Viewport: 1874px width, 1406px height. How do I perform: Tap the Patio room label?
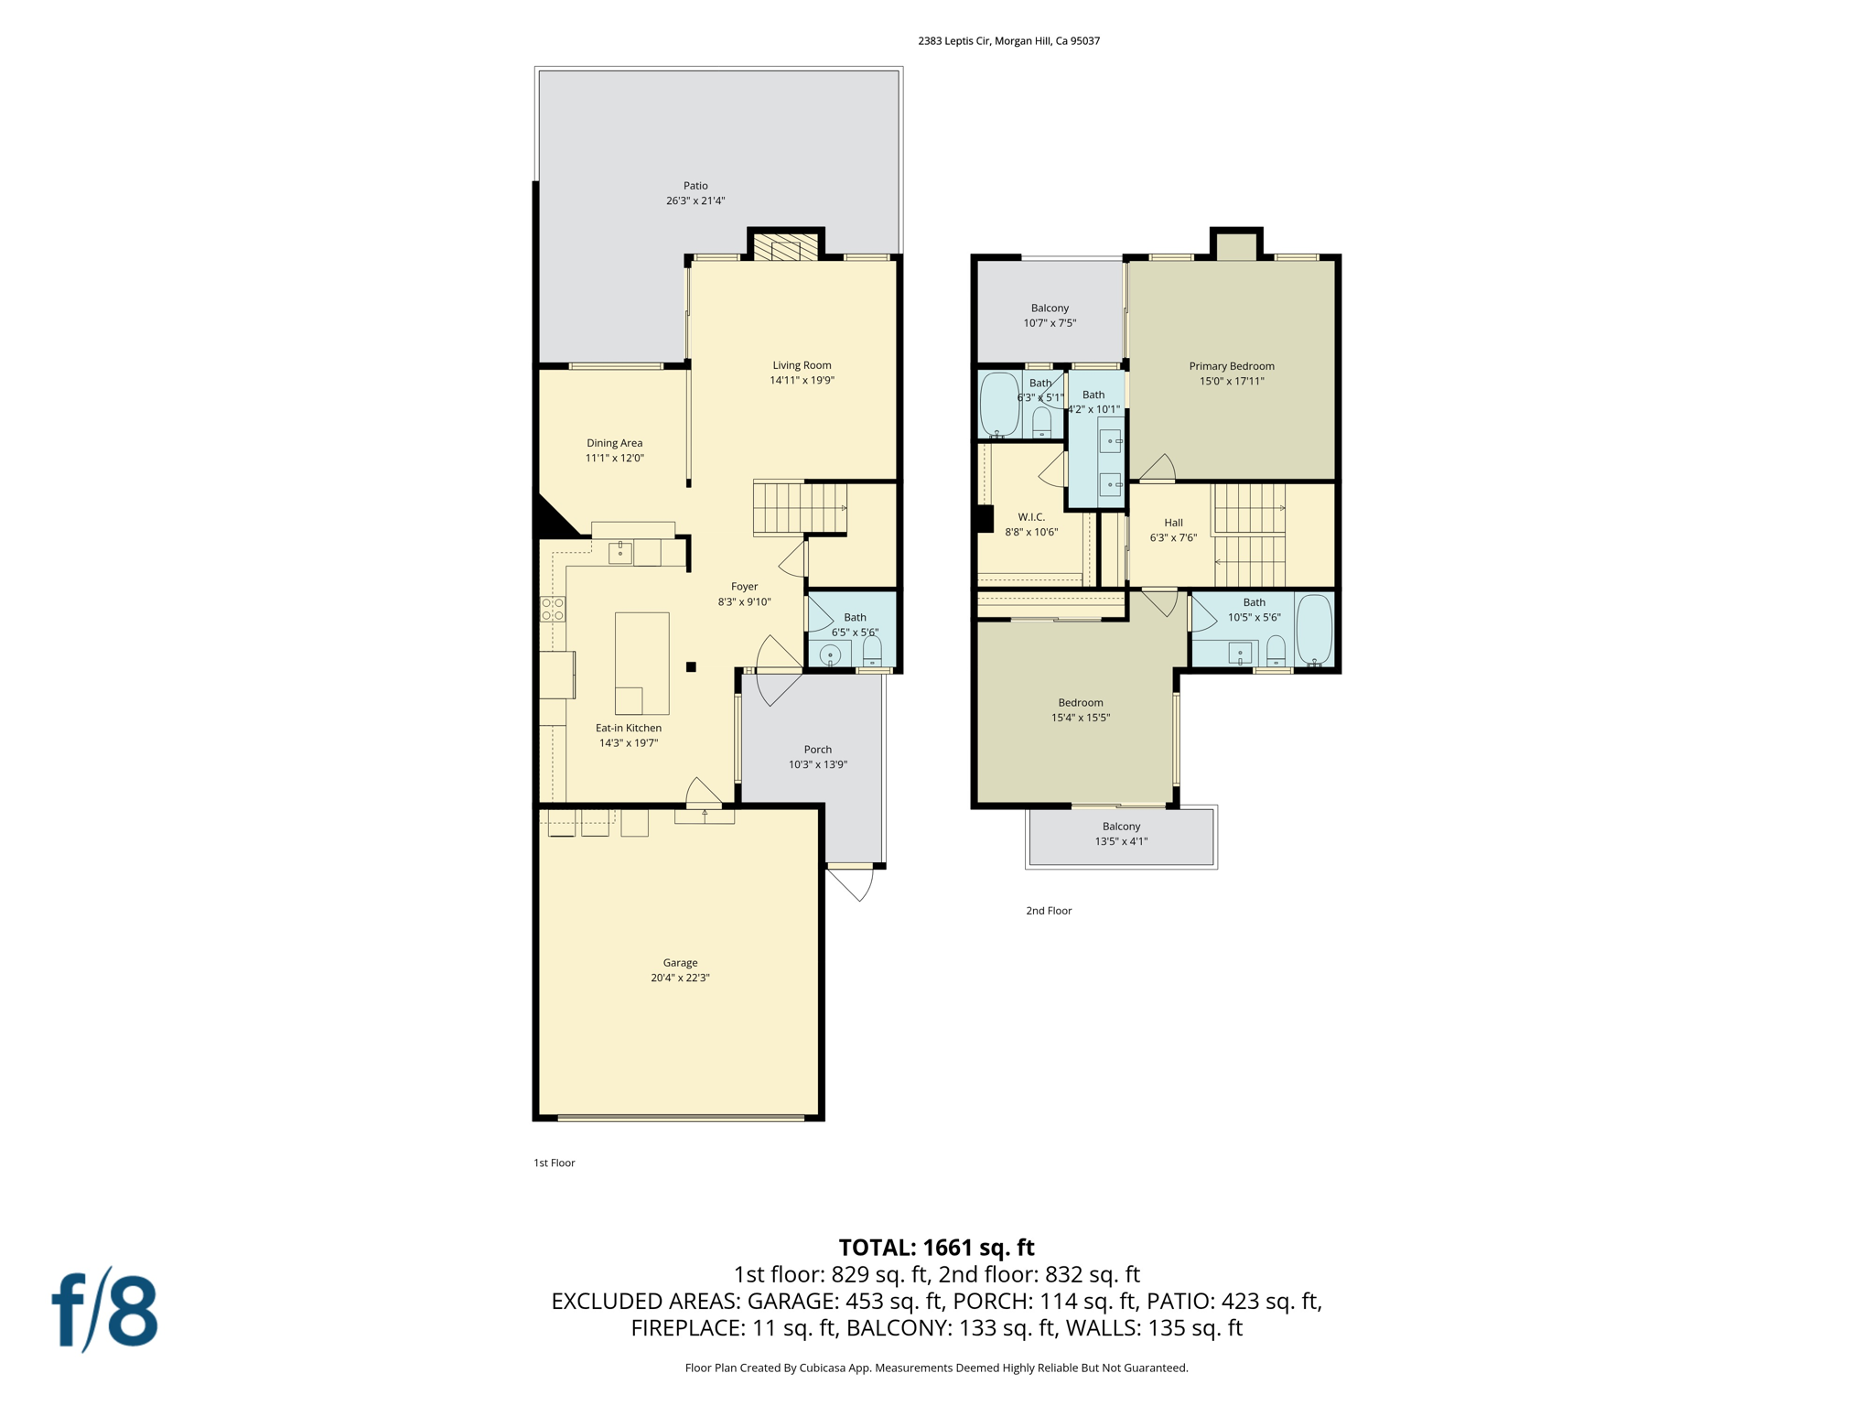click(695, 186)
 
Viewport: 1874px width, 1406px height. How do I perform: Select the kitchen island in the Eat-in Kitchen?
click(641, 663)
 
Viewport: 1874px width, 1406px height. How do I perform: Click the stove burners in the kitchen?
click(553, 609)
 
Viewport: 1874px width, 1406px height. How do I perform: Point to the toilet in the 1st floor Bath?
click(872, 652)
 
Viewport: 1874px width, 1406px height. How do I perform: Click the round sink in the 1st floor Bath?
click(830, 654)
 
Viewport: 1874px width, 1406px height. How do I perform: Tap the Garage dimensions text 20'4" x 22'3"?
click(680, 978)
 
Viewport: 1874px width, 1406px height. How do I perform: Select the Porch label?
click(817, 750)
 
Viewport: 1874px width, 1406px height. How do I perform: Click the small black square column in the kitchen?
click(691, 667)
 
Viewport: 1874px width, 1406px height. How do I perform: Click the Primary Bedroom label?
click(1231, 366)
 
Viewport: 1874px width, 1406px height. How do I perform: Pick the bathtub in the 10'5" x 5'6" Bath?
click(1314, 629)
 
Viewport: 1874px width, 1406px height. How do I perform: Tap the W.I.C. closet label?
click(1031, 517)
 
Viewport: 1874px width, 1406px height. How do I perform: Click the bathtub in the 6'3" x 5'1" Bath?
click(999, 403)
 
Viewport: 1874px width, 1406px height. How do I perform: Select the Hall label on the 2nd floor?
click(1173, 523)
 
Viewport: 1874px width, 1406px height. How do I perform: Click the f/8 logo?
click(104, 1310)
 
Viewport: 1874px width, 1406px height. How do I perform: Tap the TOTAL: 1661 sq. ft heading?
click(936, 1248)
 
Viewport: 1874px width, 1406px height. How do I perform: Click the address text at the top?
click(1008, 41)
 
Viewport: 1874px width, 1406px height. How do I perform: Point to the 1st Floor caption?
click(555, 1163)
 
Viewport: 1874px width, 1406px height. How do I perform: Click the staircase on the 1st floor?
click(799, 508)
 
